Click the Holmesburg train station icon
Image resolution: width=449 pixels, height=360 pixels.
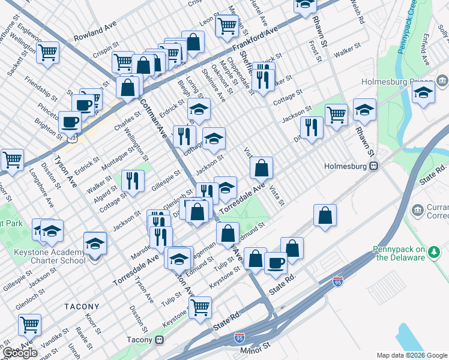coord(373,166)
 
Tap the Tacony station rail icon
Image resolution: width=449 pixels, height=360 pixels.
coord(160,340)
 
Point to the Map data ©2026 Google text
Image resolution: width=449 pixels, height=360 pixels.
coord(412,355)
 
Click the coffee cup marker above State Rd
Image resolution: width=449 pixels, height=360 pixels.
coord(276,262)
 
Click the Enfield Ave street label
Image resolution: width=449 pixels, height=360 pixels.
coord(425,49)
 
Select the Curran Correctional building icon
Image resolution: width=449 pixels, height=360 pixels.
coord(417,211)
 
